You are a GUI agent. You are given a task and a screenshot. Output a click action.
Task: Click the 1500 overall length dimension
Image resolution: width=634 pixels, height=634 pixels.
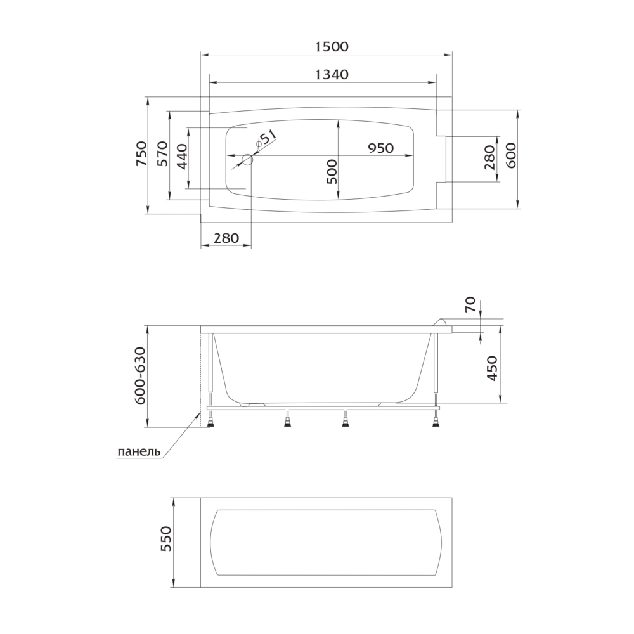tap(331, 47)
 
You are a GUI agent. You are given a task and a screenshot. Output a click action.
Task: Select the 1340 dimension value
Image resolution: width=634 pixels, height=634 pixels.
tap(331, 75)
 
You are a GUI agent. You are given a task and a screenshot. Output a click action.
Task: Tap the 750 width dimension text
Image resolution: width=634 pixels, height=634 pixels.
tap(141, 154)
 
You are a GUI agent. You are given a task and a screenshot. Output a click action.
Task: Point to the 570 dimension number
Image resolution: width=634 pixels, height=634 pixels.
tap(162, 154)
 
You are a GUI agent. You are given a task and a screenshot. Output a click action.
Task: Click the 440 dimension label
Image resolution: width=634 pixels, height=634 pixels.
tap(182, 157)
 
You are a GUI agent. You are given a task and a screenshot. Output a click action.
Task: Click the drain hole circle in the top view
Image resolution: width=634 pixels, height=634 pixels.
tap(247, 160)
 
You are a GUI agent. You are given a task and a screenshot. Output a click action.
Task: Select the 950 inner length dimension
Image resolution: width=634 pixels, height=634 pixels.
tap(380, 148)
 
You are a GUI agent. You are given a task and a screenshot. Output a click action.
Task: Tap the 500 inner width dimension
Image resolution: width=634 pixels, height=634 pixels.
tap(332, 172)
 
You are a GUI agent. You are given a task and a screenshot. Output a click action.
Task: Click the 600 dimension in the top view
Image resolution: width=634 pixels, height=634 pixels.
tap(510, 156)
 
